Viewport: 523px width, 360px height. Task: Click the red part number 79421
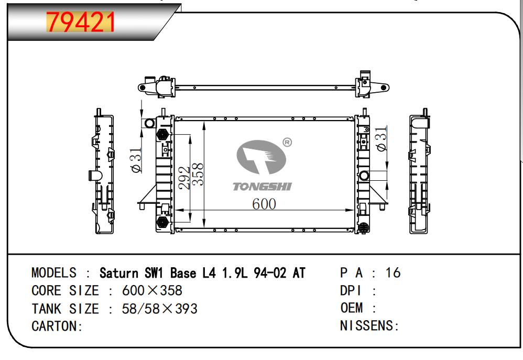click(x=81, y=22)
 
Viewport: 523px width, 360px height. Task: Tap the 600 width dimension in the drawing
click(x=264, y=204)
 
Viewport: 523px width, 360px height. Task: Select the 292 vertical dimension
click(x=184, y=178)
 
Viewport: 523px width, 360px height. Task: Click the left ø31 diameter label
click(x=137, y=160)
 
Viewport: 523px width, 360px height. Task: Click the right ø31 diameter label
click(x=382, y=139)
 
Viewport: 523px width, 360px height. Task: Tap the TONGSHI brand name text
click(x=262, y=187)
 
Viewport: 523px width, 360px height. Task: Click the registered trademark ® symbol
click(x=287, y=143)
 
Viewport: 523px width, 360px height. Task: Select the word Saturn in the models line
click(x=119, y=273)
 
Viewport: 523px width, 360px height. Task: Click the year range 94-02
click(x=270, y=273)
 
